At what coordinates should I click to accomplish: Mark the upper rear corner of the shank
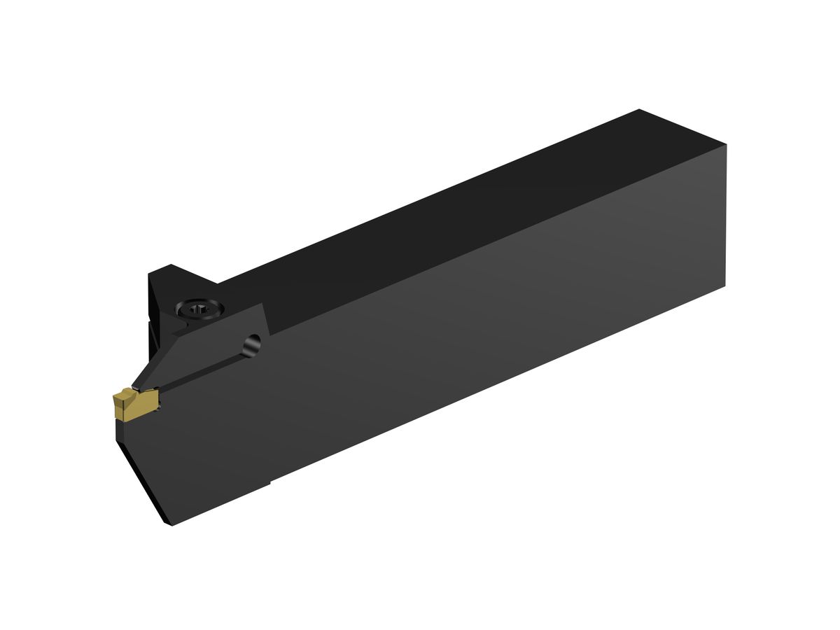pyautogui.click(x=726, y=145)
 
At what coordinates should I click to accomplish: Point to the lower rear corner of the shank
pyautogui.click(x=726, y=286)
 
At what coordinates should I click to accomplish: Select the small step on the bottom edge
pyautogui.click(x=270, y=482)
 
